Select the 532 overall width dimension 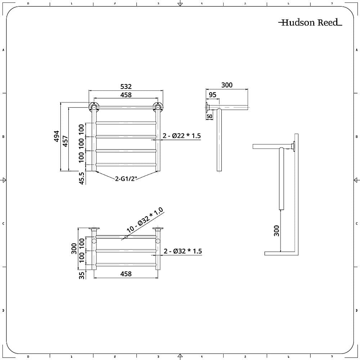click(x=126, y=87)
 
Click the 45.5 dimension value click(x=82, y=178)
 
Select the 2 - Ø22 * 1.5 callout click(x=181, y=136)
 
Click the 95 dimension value click(x=212, y=95)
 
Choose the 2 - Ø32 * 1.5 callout click(x=183, y=251)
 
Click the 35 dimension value click(x=82, y=275)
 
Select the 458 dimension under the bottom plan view click(x=126, y=274)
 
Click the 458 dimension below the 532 click(x=126, y=95)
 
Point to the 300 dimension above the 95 click(x=227, y=85)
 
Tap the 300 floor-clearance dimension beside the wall click(x=276, y=230)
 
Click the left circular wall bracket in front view click(x=94, y=107)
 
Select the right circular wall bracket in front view click(x=158, y=107)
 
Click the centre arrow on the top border click(x=180, y=4)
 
